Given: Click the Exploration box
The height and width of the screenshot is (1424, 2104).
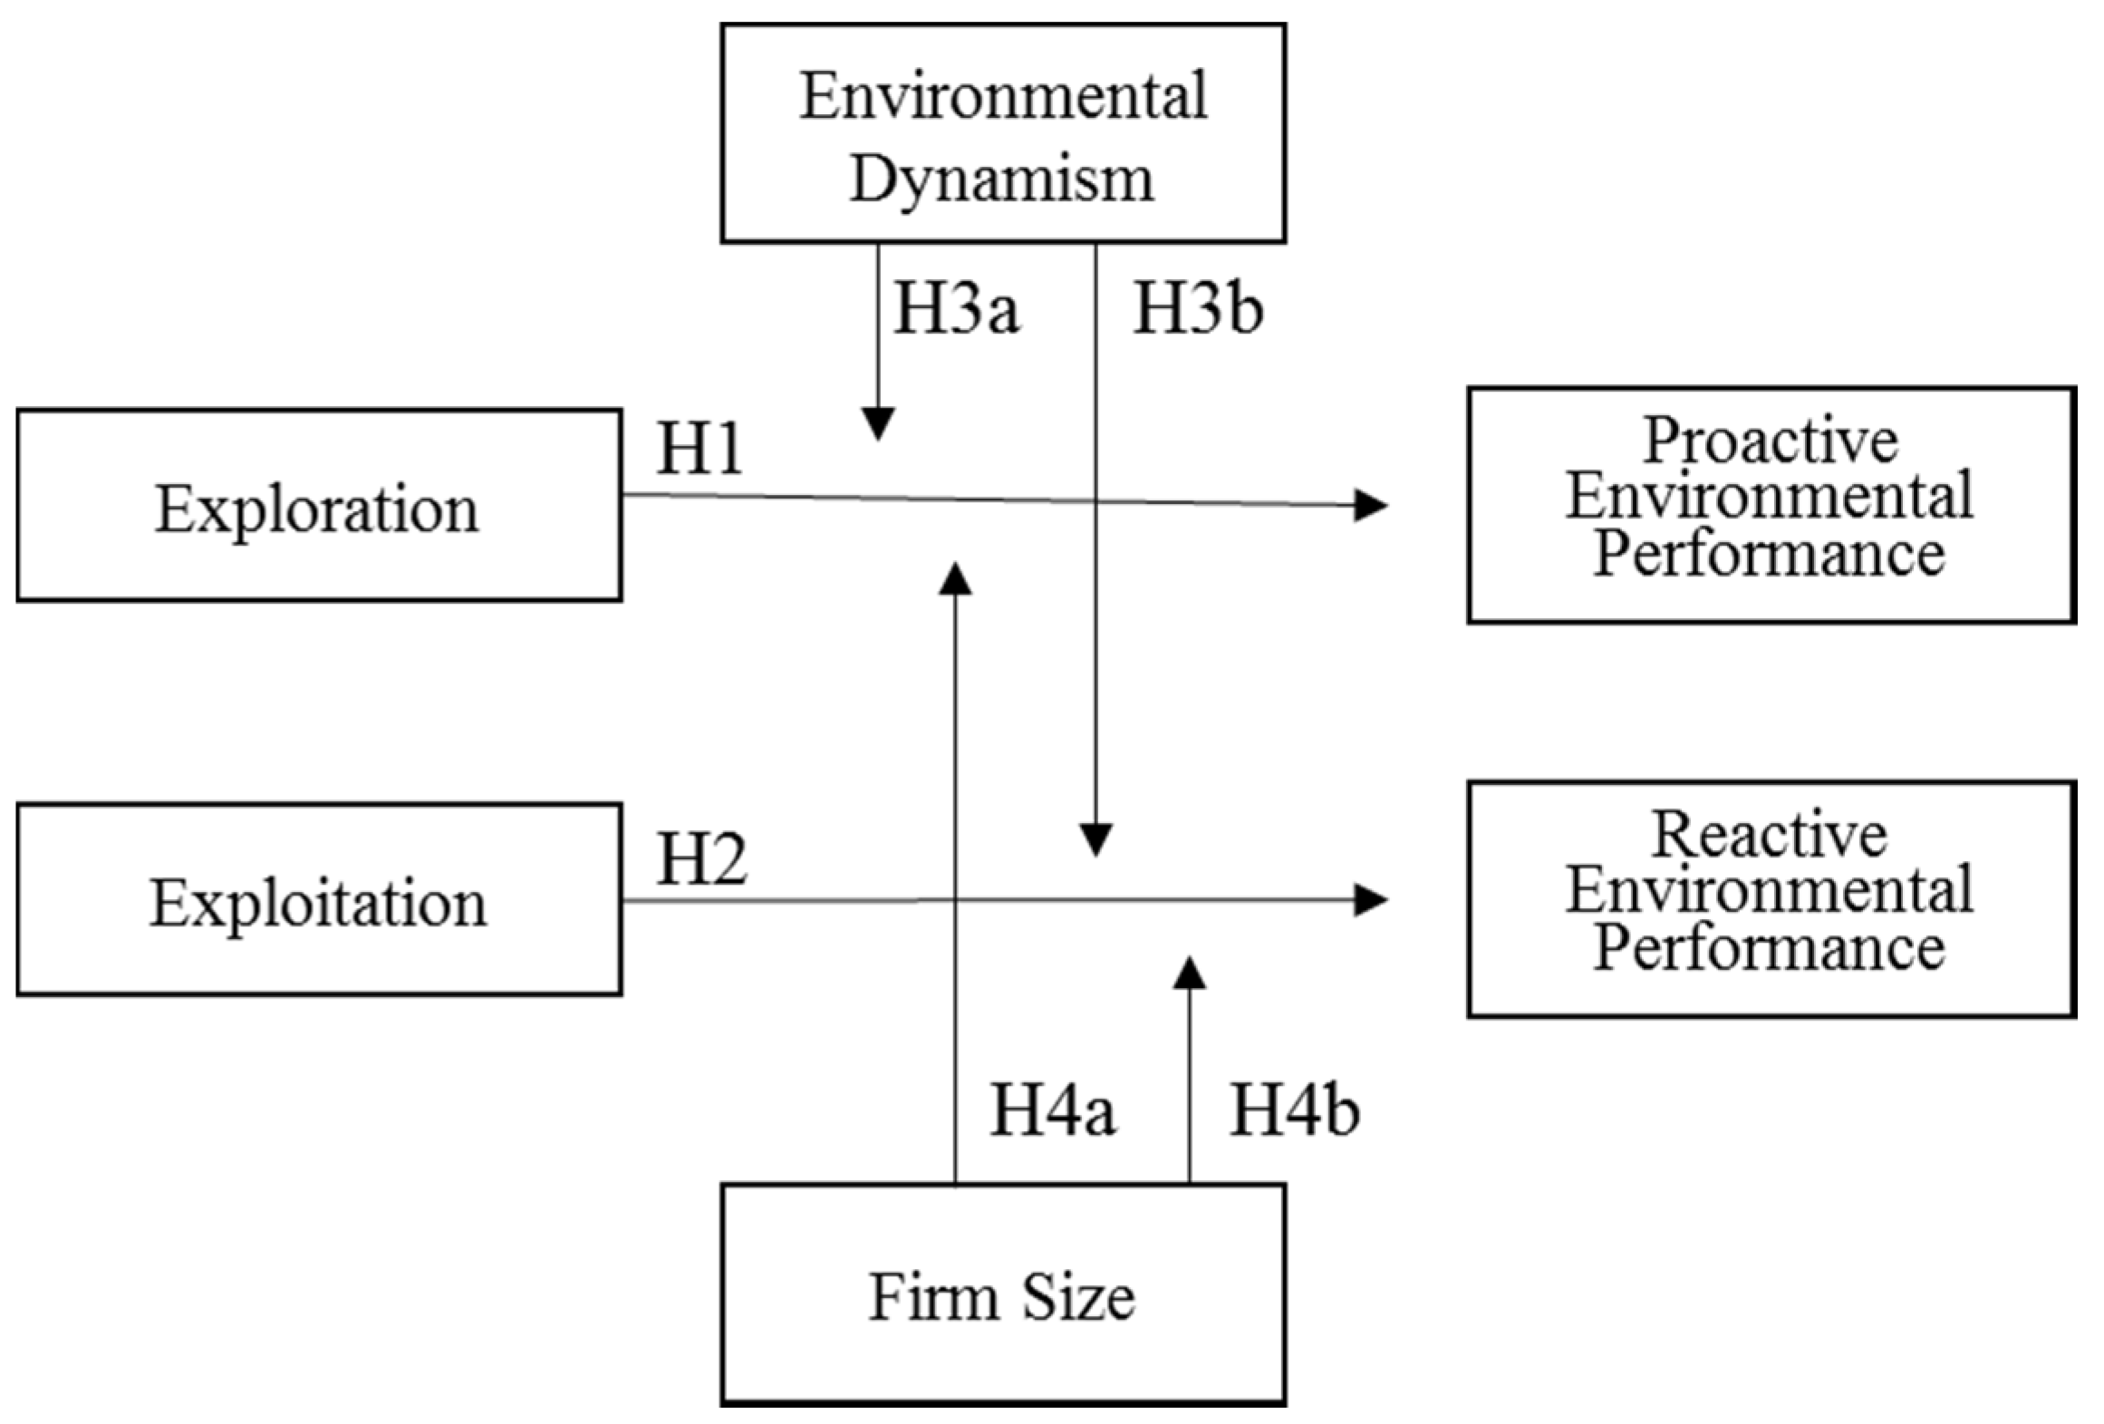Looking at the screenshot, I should click(319, 506).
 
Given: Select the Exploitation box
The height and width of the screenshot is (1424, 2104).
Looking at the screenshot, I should click(319, 899).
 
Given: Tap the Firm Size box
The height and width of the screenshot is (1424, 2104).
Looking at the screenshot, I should click(1003, 1295).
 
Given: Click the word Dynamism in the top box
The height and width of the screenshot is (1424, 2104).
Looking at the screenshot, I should click(1003, 179).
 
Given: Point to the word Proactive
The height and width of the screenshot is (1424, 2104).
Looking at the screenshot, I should click(1771, 441).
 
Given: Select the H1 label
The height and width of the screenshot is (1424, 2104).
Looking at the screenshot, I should click(700, 449).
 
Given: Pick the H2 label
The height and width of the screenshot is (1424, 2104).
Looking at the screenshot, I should click(701, 860).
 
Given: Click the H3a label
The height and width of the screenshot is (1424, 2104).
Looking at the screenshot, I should click(957, 309).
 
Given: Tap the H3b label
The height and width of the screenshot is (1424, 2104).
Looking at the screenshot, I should click(1198, 309).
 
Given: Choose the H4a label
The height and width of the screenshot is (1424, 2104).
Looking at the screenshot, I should click(1053, 1109).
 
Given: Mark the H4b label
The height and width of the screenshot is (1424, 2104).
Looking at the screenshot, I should click(1294, 1109).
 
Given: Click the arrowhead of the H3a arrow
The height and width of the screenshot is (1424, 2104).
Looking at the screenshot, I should click(878, 423).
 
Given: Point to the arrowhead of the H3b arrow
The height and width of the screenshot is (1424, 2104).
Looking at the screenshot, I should click(1096, 839).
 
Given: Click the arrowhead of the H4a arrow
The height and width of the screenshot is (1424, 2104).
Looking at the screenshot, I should click(955, 579).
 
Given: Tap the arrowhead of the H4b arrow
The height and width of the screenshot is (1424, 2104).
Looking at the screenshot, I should click(1189, 973).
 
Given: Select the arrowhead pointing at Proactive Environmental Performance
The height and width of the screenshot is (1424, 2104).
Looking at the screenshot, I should click(1370, 505).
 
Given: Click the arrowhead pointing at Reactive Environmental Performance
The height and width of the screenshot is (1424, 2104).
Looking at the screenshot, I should click(1370, 900).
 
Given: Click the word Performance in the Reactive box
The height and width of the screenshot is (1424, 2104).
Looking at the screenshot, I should click(1770, 949).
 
